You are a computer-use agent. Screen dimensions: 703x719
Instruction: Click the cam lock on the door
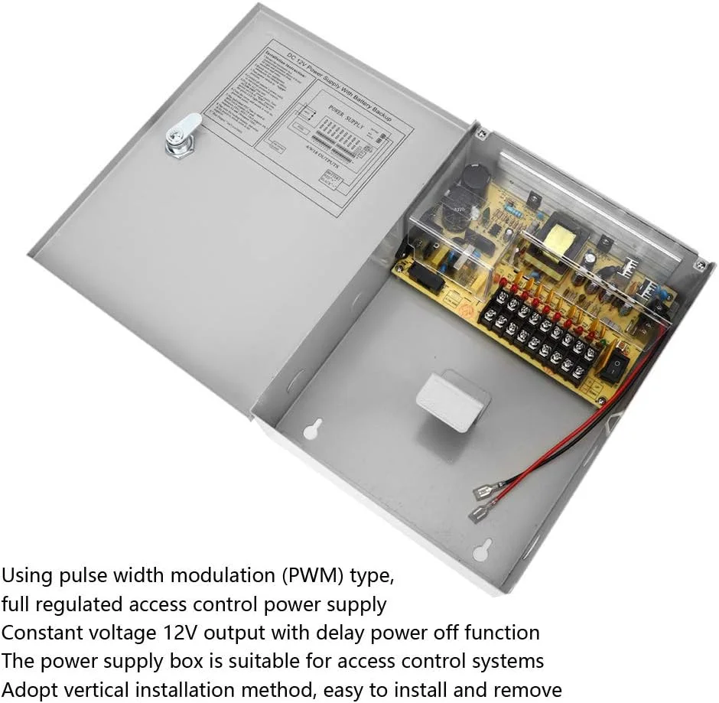point(184,137)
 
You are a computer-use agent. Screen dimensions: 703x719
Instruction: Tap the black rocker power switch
point(614,366)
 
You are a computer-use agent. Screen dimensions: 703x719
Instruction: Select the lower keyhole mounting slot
point(483,548)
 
